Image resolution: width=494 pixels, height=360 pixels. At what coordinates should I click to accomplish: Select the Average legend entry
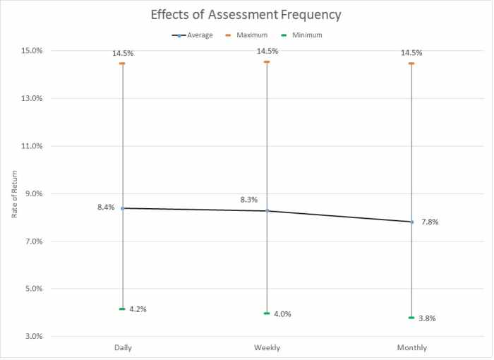pos(196,35)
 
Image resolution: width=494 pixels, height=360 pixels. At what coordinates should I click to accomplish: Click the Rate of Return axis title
pos(15,193)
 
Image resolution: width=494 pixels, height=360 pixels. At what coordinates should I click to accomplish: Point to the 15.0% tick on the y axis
pos(31,51)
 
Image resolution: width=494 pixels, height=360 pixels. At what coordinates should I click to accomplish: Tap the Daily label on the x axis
pos(123,348)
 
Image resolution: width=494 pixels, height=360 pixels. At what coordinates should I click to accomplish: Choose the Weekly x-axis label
pos(267,348)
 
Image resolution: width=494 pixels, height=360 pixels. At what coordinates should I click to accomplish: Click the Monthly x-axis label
pos(411,348)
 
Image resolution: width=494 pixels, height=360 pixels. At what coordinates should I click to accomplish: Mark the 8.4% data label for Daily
pos(106,208)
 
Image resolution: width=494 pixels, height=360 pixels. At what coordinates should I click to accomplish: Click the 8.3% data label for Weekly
pos(249,200)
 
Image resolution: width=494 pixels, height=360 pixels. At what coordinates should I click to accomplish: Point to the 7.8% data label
pos(430,222)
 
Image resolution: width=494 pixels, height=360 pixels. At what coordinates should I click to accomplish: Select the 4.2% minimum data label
pos(138,309)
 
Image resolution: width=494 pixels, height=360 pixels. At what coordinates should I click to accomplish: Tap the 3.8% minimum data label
pos(427,318)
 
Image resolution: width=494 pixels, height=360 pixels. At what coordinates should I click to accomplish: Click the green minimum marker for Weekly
pos(267,313)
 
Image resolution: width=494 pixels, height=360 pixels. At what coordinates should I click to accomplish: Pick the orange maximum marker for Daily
pos(123,64)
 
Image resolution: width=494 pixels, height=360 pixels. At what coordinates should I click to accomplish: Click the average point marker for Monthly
pos(411,222)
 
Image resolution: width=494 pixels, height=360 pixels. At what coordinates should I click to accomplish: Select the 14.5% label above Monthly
pos(411,52)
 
